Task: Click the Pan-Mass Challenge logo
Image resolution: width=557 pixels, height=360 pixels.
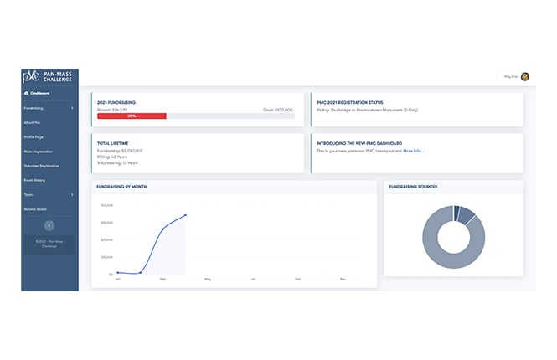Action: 49,77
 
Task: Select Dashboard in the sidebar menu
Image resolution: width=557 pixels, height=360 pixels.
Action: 37,93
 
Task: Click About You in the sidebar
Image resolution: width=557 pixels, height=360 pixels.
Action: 34,122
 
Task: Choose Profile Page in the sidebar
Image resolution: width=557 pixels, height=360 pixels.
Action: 36,136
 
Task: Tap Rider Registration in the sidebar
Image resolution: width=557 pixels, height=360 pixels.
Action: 40,152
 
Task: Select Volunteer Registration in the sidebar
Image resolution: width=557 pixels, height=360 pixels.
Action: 44,166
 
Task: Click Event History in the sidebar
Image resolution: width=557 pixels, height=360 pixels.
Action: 37,180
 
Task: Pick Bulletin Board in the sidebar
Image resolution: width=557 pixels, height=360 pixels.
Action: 38,208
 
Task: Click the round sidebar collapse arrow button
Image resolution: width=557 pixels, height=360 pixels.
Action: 49,225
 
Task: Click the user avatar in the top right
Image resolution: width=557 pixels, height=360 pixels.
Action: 524,77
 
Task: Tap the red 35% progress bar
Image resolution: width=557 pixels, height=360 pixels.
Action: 132,116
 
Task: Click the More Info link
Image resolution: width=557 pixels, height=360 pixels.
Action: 414,151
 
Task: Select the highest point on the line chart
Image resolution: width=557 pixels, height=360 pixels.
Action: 185,215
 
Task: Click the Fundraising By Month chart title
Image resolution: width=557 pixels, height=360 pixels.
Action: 122,187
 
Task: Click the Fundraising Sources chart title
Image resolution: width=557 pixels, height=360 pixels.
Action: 414,187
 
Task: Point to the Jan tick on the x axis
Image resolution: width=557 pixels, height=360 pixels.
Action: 117,278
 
